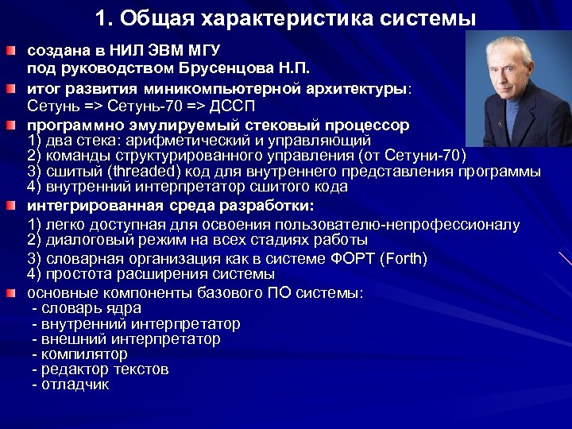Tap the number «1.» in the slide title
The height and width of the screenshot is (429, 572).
[x=104, y=17]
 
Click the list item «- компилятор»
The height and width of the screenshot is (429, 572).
[x=79, y=354]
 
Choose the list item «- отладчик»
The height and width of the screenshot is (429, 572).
[x=71, y=385]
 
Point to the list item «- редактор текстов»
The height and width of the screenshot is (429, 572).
[x=100, y=369]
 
